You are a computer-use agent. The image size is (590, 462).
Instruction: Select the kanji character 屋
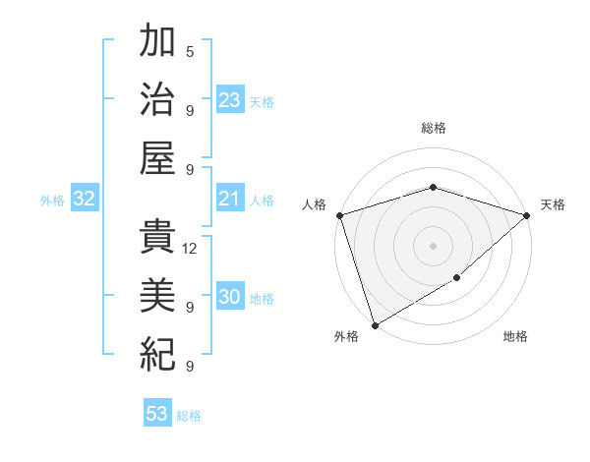click(157, 156)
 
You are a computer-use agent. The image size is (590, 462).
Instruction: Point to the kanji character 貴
click(157, 237)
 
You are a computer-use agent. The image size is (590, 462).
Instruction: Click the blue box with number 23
click(230, 100)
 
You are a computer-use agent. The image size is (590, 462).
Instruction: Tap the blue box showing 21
click(230, 200)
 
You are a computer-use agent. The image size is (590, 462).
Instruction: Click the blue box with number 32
click(85, 200)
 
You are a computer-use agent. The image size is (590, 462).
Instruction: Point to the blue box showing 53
click(157, 414)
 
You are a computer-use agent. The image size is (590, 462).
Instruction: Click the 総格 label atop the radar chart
click(433, 128)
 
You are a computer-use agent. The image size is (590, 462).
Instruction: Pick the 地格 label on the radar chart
click(515, 337)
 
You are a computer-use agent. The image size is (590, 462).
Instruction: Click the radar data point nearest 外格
click(375, 324)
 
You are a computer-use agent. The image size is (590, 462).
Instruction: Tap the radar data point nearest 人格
click(339, 215)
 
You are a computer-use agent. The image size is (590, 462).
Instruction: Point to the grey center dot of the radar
click(433, 245)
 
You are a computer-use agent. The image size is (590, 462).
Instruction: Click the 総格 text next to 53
click(189, 416)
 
